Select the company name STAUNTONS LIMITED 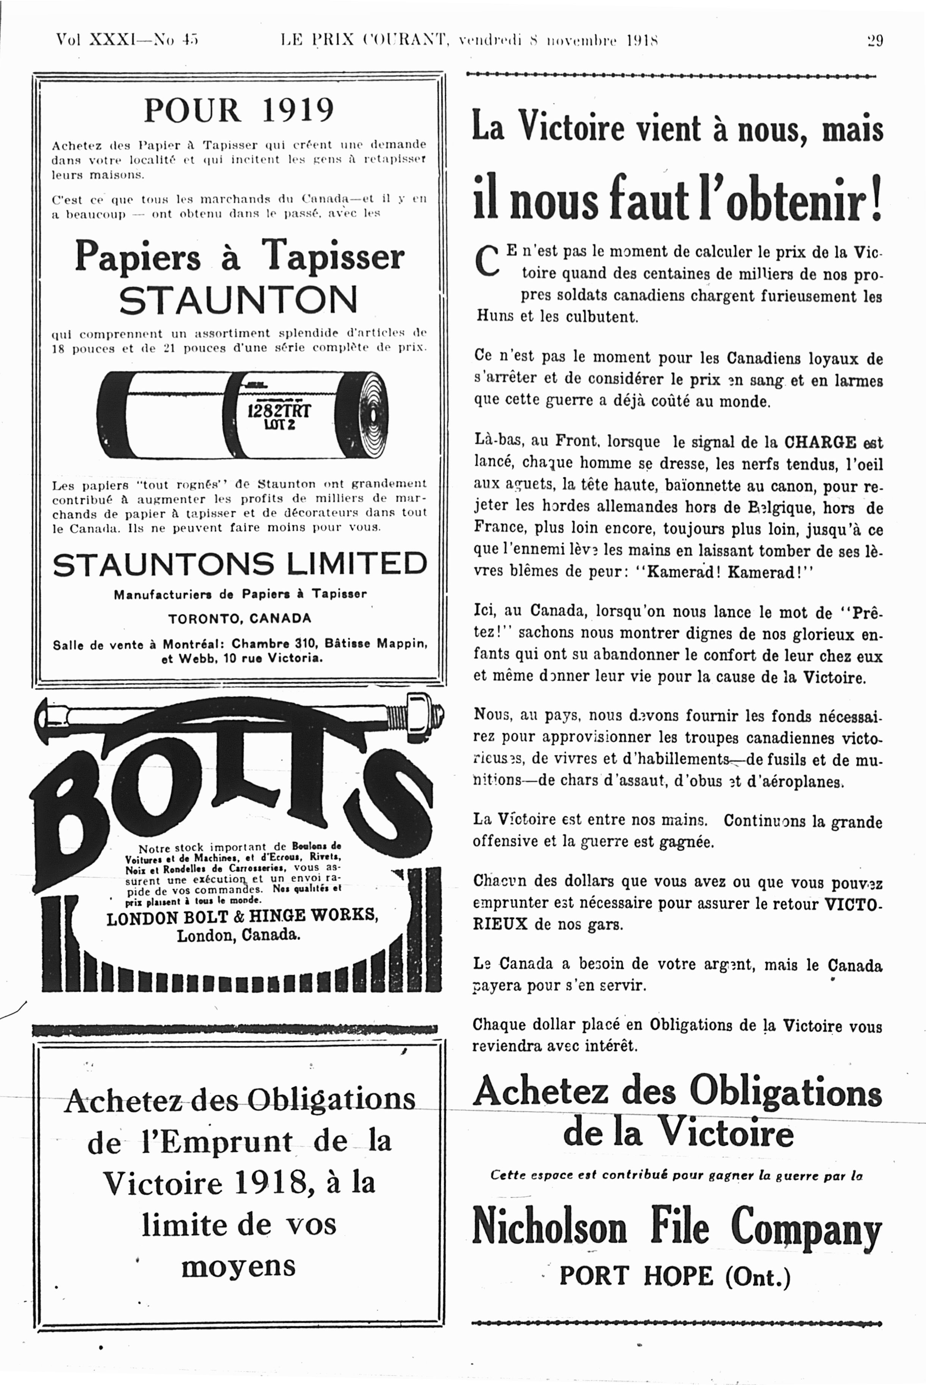239,564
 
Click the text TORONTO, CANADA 239,619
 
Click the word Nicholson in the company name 549,1226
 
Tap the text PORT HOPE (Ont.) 675,1276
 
